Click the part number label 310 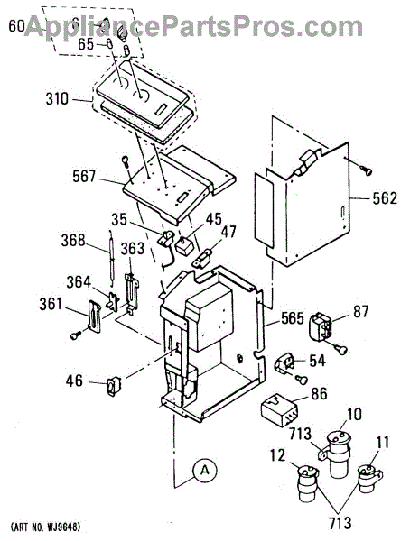(58, 99)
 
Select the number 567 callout (84, 177)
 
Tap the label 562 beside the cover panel (385, 198)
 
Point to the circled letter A (205, 470)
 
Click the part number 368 (73, 241)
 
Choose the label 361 (51, 304)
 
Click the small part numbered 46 (114, 385)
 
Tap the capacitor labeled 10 (338, 453)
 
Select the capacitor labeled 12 (308, 482)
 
